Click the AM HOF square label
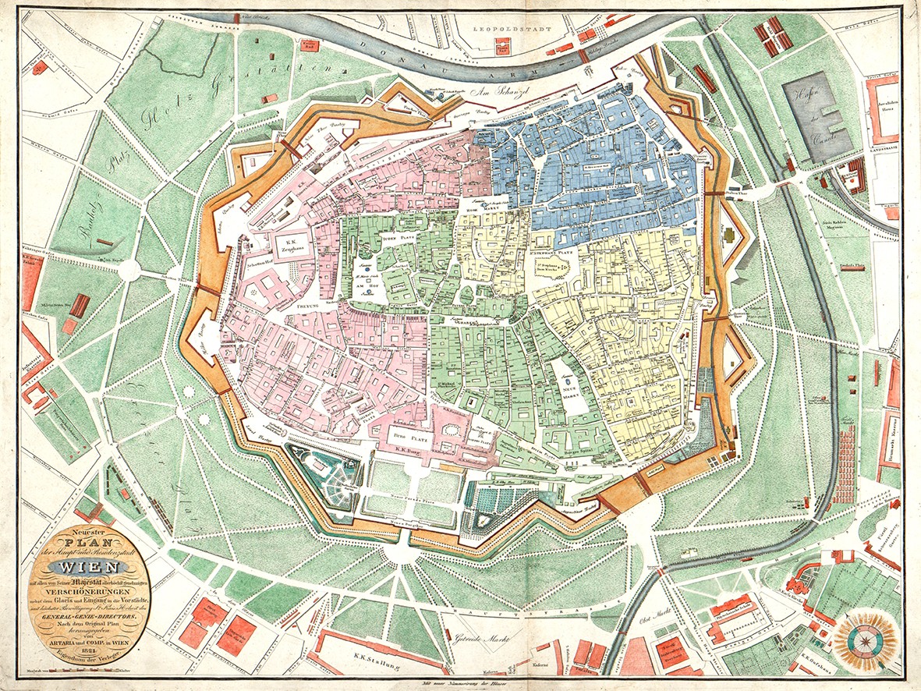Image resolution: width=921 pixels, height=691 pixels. point(366,287)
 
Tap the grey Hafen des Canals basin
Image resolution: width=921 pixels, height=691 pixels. point(815,117)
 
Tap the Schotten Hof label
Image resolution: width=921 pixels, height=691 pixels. point(262,264)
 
